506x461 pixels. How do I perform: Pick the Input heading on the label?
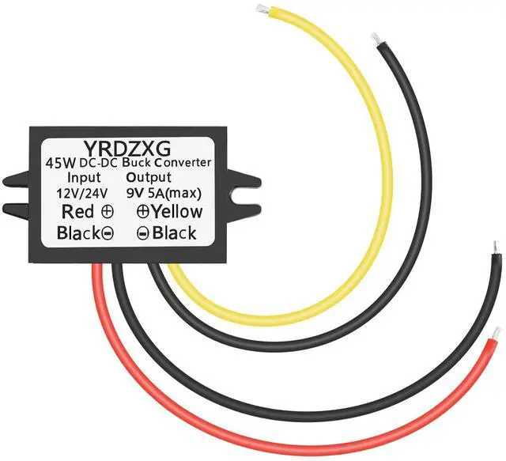tap(85, 178)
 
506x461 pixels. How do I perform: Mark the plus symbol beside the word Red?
tap(106, 212)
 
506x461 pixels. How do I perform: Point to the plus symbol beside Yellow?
tap(143, 212)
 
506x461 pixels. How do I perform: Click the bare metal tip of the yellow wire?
tap(260, 9)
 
